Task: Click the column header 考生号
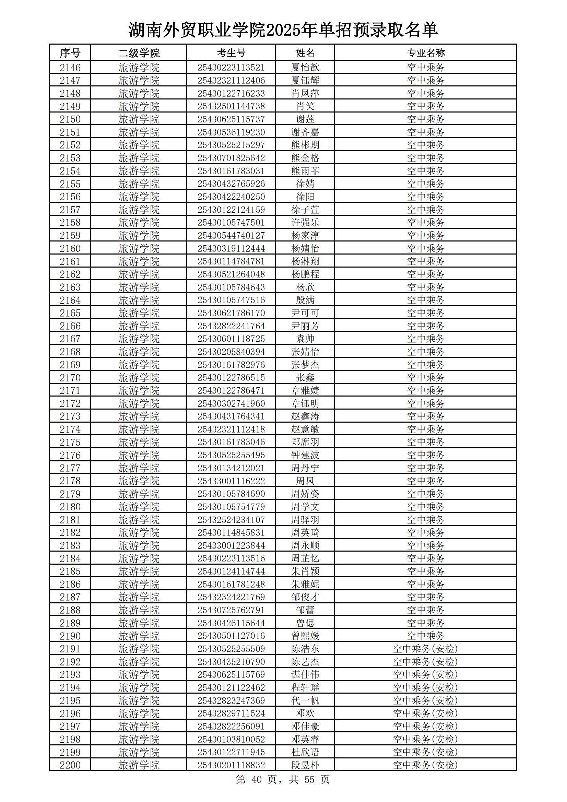click(x=231, y=53)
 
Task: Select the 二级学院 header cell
click(x=139, y=53)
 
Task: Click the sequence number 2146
click(x=70, y=68)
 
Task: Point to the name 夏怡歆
click(x=305, y=68)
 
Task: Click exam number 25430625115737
click(x=231, y=119)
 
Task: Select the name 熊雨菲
click(x=305, y=171)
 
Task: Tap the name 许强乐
click(x=305, y=223)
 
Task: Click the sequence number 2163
click(x=70, y=287)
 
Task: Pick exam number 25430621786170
click(x=231, y=313)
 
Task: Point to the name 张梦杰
click(x=305, y=365)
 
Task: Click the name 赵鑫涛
click(x=305, y=416)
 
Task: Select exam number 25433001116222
click(x=231, y=481)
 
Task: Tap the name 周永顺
click(x=305, y=546)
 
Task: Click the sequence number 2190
click(x=70, y=636)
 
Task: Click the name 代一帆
click(x=305, y=701)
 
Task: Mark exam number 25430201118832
click(x=231, y=765)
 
